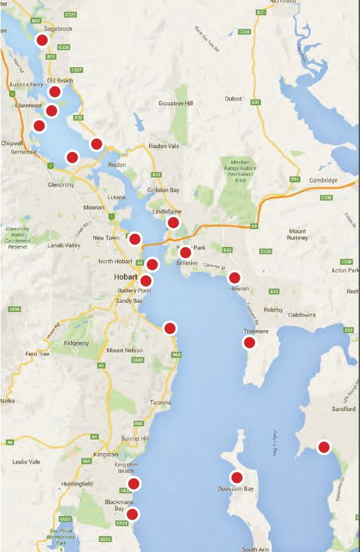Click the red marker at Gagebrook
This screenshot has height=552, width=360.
point(42,40)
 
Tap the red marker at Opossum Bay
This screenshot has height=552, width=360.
point(236,477)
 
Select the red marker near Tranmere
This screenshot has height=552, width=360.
point(250,343)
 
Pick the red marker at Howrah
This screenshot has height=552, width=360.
point(234,278)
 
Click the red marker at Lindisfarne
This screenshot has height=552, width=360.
point(173,223)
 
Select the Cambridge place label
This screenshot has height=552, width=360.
point(323,181)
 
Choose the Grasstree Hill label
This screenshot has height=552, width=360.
point(175,104)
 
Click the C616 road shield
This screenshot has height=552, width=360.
point(14,309)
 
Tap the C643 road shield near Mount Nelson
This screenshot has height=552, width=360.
point(137,360)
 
